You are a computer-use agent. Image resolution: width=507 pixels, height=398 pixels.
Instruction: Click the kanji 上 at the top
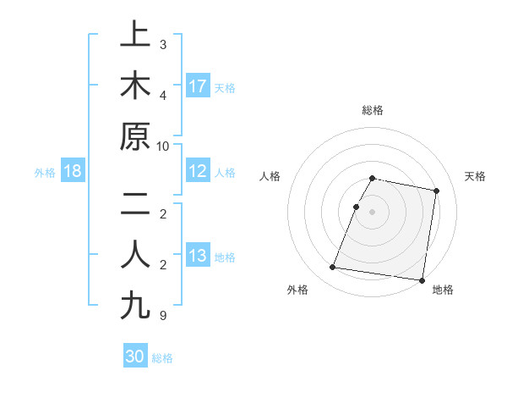coord(135,36)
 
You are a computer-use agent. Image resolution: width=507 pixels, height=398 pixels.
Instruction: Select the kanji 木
coord(135,86)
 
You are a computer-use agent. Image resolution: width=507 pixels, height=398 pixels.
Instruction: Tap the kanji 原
coord(135,136)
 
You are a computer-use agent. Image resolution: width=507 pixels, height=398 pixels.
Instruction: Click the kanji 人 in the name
coord(135,255)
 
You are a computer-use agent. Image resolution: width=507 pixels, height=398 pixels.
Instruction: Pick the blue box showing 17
coord(198,86)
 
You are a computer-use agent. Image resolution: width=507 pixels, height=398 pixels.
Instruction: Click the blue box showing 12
coord(198,171)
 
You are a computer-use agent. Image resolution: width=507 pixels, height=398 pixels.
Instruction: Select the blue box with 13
coord(198,256)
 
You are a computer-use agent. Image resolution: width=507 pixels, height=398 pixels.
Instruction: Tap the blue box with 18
coord(73,171)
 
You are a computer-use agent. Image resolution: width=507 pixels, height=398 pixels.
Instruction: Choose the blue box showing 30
coord(135,357)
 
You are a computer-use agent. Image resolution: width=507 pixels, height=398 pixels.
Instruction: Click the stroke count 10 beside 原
coord(163,146)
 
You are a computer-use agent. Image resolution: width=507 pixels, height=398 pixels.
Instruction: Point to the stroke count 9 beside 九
coord(163,316)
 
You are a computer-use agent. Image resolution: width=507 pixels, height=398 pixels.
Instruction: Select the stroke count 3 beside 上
coord(163,45)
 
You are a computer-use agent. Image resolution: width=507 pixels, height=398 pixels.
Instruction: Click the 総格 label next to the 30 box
coord(162,357)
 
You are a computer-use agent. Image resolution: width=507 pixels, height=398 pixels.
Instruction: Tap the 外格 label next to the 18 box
coord(45,172)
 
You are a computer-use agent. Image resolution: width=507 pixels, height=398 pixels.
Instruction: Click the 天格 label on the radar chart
coord(475,176)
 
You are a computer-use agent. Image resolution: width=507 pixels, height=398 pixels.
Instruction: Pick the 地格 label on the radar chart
coord(443,290)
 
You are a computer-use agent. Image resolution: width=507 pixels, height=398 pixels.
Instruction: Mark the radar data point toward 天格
coord(436,191)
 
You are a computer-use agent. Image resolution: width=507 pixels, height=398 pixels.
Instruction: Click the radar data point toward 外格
coord(333,268)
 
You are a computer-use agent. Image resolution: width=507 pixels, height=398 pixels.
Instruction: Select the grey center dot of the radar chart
coord(372,212)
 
